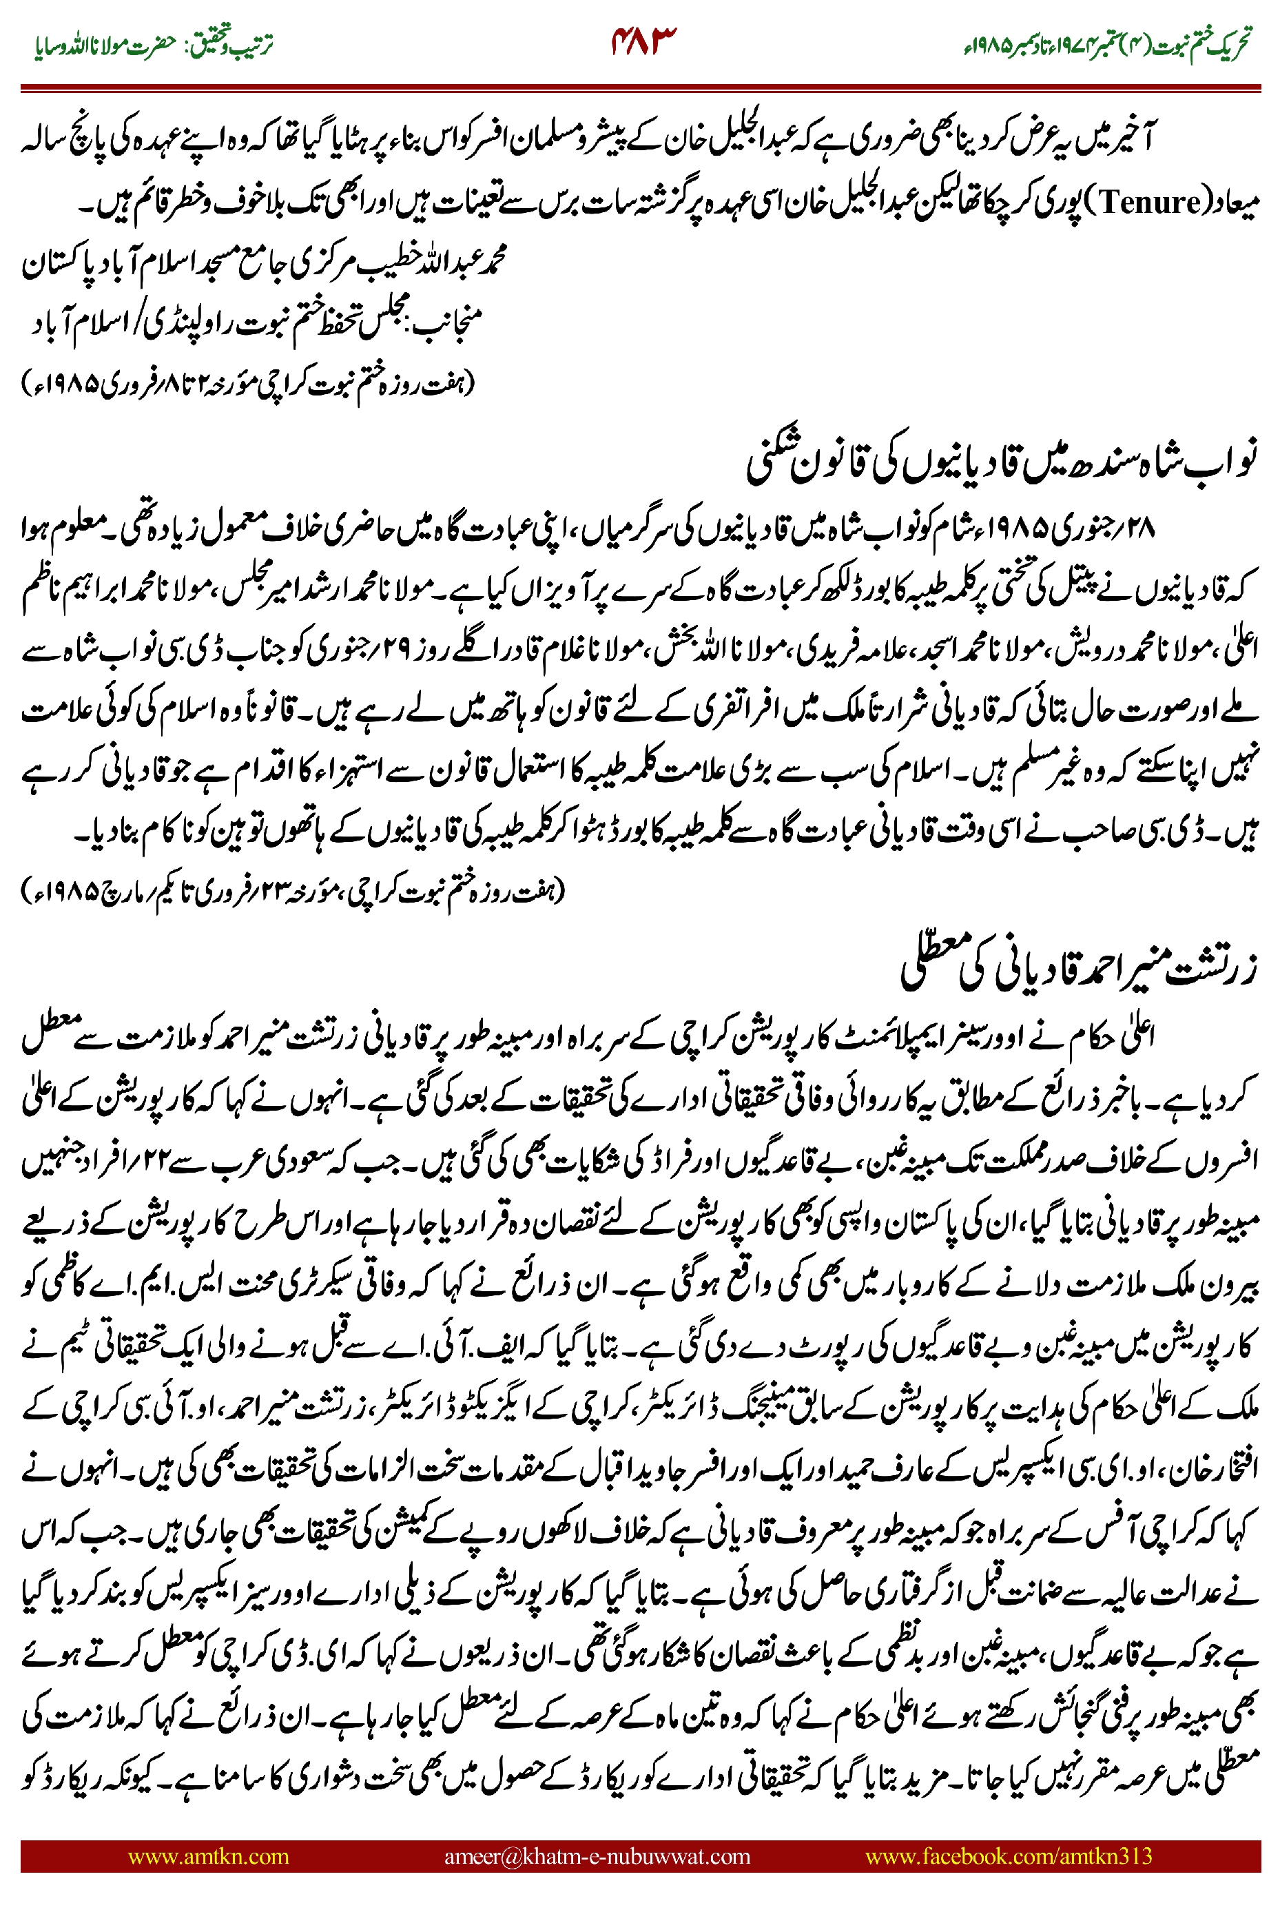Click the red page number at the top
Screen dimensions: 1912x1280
pos(644,40)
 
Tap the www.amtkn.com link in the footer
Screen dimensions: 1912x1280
pos(208,1856)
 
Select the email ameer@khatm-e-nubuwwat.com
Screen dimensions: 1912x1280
pos(597,1856)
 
